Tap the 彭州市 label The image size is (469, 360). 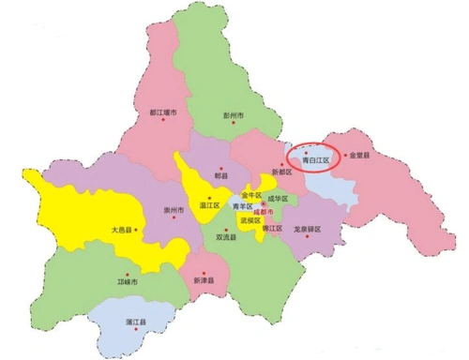coord(234,115)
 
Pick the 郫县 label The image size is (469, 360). coord(221,174)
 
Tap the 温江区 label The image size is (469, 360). coord(208,204)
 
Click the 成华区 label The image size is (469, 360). coord(276,199)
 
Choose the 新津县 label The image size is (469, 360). coord(203,280)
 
